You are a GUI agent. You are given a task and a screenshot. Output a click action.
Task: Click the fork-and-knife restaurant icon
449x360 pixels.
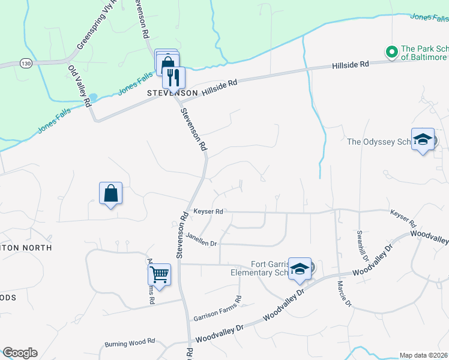(173, 77)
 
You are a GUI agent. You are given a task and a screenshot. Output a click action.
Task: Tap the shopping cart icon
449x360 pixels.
(159, 274)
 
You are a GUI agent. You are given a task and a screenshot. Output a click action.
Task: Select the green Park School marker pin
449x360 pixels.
(392, 52)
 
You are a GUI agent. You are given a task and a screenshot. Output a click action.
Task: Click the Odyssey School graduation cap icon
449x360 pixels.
(423, 139)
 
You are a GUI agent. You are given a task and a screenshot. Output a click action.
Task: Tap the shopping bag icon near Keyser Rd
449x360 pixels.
(110, 193)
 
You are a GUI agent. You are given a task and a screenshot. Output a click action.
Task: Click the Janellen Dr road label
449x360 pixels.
(200, 239)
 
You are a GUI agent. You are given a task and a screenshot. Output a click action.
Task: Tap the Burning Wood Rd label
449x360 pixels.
(130, 343)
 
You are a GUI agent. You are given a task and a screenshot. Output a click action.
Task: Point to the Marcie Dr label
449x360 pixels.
(344, 293)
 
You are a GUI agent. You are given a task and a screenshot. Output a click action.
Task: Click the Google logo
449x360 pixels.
(20, 353)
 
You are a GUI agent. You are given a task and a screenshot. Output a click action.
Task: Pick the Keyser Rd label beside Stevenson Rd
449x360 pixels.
(208, 212)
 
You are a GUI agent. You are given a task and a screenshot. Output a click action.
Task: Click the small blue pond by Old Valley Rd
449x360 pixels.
(93, 97)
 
